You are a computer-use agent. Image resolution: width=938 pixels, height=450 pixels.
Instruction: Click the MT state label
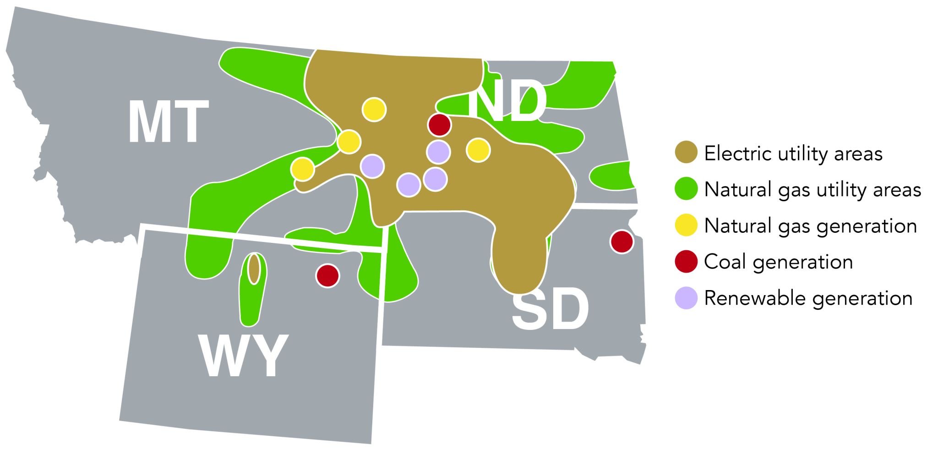[x=168, y=122]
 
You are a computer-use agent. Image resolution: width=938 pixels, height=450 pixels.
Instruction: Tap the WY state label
[x=243, y=356]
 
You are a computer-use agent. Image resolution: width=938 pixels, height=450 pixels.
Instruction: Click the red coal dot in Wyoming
[x=327, y=275]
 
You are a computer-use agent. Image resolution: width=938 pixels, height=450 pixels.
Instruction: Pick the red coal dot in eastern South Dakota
[x=622, y=241]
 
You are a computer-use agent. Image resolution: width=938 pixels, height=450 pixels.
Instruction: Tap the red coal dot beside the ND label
[x=439, y=125]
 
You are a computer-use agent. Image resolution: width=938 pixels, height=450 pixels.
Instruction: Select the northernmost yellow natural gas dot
[x=374, y=110]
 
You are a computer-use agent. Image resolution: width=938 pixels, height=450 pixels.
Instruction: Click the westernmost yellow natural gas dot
[x=302, y=169]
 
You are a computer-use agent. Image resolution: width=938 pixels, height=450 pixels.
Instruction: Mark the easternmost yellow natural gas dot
[x=478, y=150]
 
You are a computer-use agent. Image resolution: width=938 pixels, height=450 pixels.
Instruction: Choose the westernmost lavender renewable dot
[x=372, y=166]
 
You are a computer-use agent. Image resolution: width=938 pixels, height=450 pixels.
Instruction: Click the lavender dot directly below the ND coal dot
[x=438, y=152]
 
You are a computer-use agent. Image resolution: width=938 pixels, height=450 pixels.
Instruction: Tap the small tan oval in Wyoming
[x=254, y=269]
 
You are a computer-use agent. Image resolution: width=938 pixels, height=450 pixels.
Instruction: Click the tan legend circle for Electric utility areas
[x=686, y=152]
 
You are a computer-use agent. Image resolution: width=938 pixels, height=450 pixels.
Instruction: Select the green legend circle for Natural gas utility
[x=686, y=189]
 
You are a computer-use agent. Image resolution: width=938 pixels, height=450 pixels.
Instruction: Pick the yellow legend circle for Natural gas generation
[x=686, y=225]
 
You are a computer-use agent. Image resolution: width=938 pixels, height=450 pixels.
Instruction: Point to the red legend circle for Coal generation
[x=686, y=262]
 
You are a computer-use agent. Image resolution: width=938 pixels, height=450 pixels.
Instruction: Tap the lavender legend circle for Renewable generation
[x=686, y=298]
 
